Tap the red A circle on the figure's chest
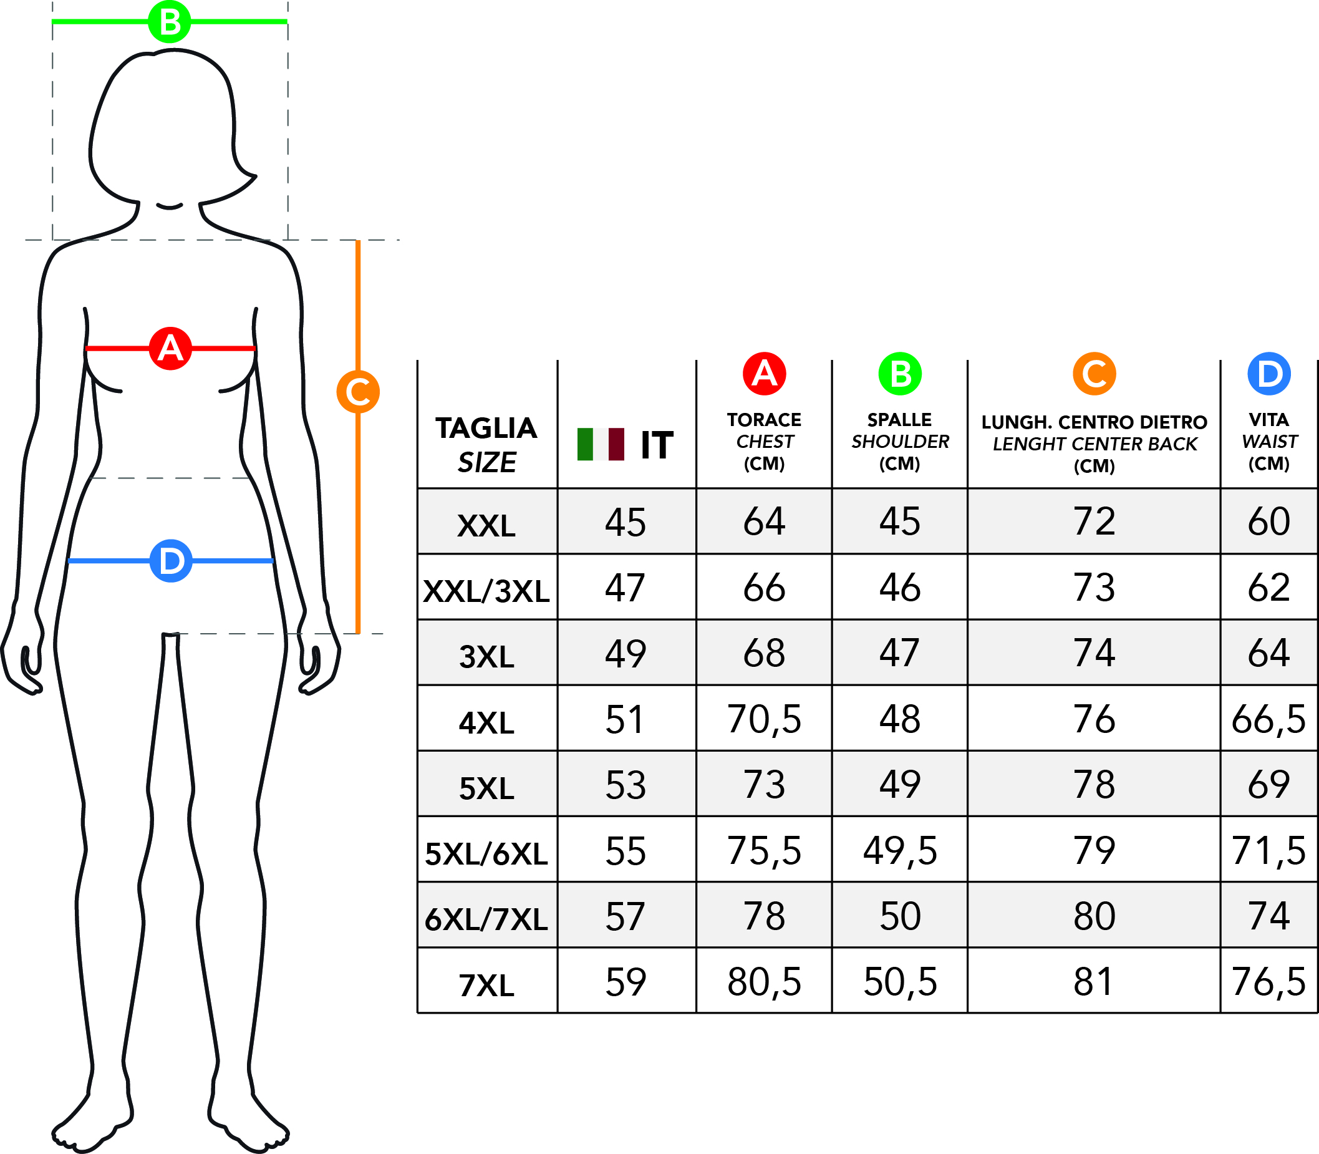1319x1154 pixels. [x=170, y=349]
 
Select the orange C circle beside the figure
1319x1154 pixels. [x=358, y=392]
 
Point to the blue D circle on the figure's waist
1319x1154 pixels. [x=171, y=561]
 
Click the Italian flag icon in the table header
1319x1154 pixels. [x=601, y=444]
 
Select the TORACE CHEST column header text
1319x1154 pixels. [x=764, y=442]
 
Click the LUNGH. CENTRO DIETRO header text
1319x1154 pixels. [x=1094, y=422]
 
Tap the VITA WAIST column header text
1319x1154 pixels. [x=1268, y=442]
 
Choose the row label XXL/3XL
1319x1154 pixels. [x=486, y=591]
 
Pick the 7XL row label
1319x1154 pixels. [x=486, y=986]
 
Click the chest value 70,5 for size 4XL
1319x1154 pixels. [x=764, y=719]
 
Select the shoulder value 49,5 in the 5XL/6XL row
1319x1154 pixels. [x=900, y=851]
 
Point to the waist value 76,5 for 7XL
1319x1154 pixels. [x=1268, y=982]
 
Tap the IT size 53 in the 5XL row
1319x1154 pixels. [x=625, y=785]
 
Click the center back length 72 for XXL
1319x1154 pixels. [x=1094, y=521]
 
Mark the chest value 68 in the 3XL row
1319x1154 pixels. [x=764, y=653]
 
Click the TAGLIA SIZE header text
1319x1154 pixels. [x=486, y=445]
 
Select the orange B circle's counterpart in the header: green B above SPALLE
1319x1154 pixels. [x=900, y=374]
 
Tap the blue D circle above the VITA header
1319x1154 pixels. [x=1268, y=374]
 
